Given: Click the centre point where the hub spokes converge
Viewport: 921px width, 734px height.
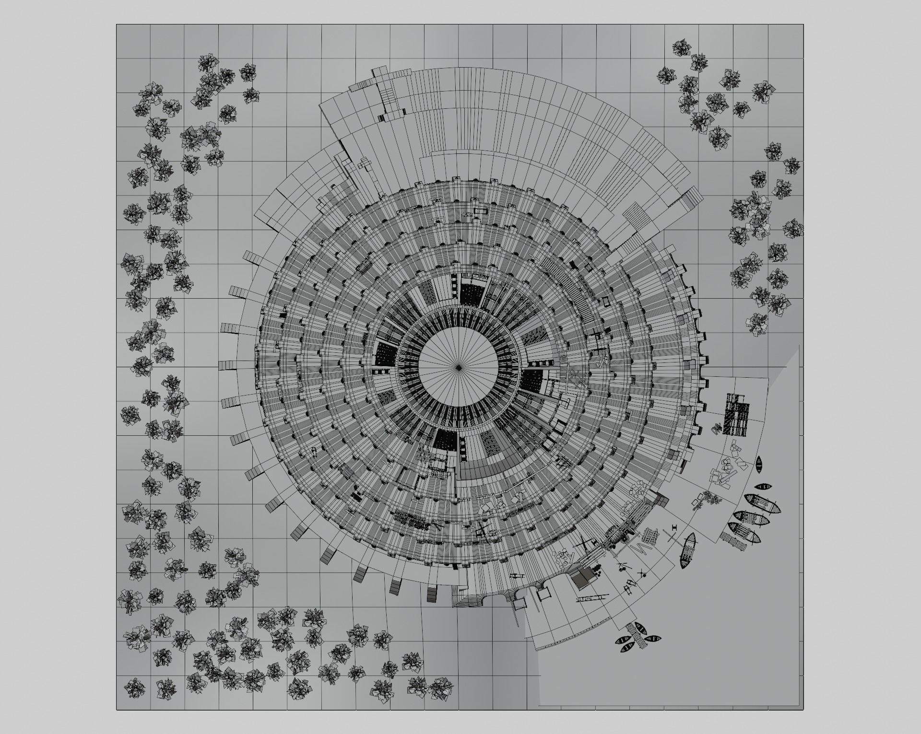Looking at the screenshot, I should point(459,367).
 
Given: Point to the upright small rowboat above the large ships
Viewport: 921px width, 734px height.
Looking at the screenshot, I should point(759,465).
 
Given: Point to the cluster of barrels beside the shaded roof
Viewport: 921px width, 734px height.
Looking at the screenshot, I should point(599,571).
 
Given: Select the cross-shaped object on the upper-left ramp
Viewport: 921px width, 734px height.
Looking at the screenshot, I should point(365,165).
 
